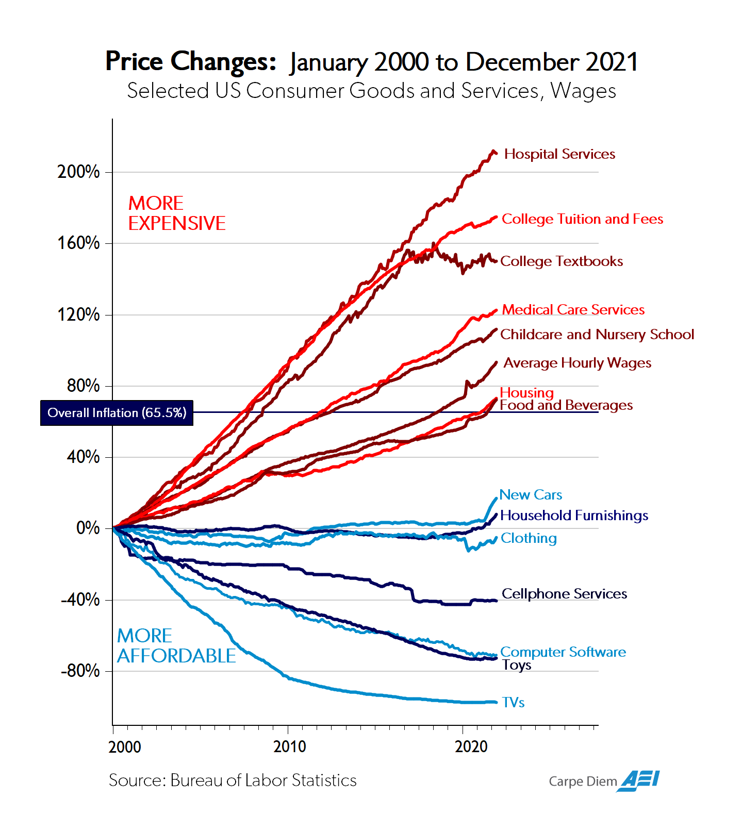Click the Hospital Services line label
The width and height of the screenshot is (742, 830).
click(x=559, y=154)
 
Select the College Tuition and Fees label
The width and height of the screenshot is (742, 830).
click(x=582, y=219)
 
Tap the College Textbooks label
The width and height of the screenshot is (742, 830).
click(x=562, y=261)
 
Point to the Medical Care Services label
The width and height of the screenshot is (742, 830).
click(x=573, y=310)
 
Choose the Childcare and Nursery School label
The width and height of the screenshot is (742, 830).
click(x=597, y=335)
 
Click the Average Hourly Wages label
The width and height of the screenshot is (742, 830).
click(x=577, y=363)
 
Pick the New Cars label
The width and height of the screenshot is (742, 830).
click(x=531, y=495)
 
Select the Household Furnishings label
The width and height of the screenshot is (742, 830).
click(x=574, y=516)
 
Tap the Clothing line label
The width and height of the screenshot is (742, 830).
click(x=529, y=538)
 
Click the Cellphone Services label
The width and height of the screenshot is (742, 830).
click(x=564, y=594)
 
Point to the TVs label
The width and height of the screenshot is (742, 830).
click(x=513, y=703)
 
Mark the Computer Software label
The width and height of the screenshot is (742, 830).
click(x=563, y=652)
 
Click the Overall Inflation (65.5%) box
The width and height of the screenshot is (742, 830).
click(x=117, y=413)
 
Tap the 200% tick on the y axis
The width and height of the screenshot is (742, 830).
click(x=79, y=172)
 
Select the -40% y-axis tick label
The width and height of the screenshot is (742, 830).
click(x=80, y=600)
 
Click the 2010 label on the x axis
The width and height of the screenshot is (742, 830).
click(x=289, y=746)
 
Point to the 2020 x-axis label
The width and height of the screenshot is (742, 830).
click(x=471, y=746)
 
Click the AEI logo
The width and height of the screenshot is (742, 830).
click(x=640, y=781)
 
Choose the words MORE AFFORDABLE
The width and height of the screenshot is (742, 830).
click(x=176, y=646)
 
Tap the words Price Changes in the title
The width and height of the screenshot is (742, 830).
click(x=191, y=61)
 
